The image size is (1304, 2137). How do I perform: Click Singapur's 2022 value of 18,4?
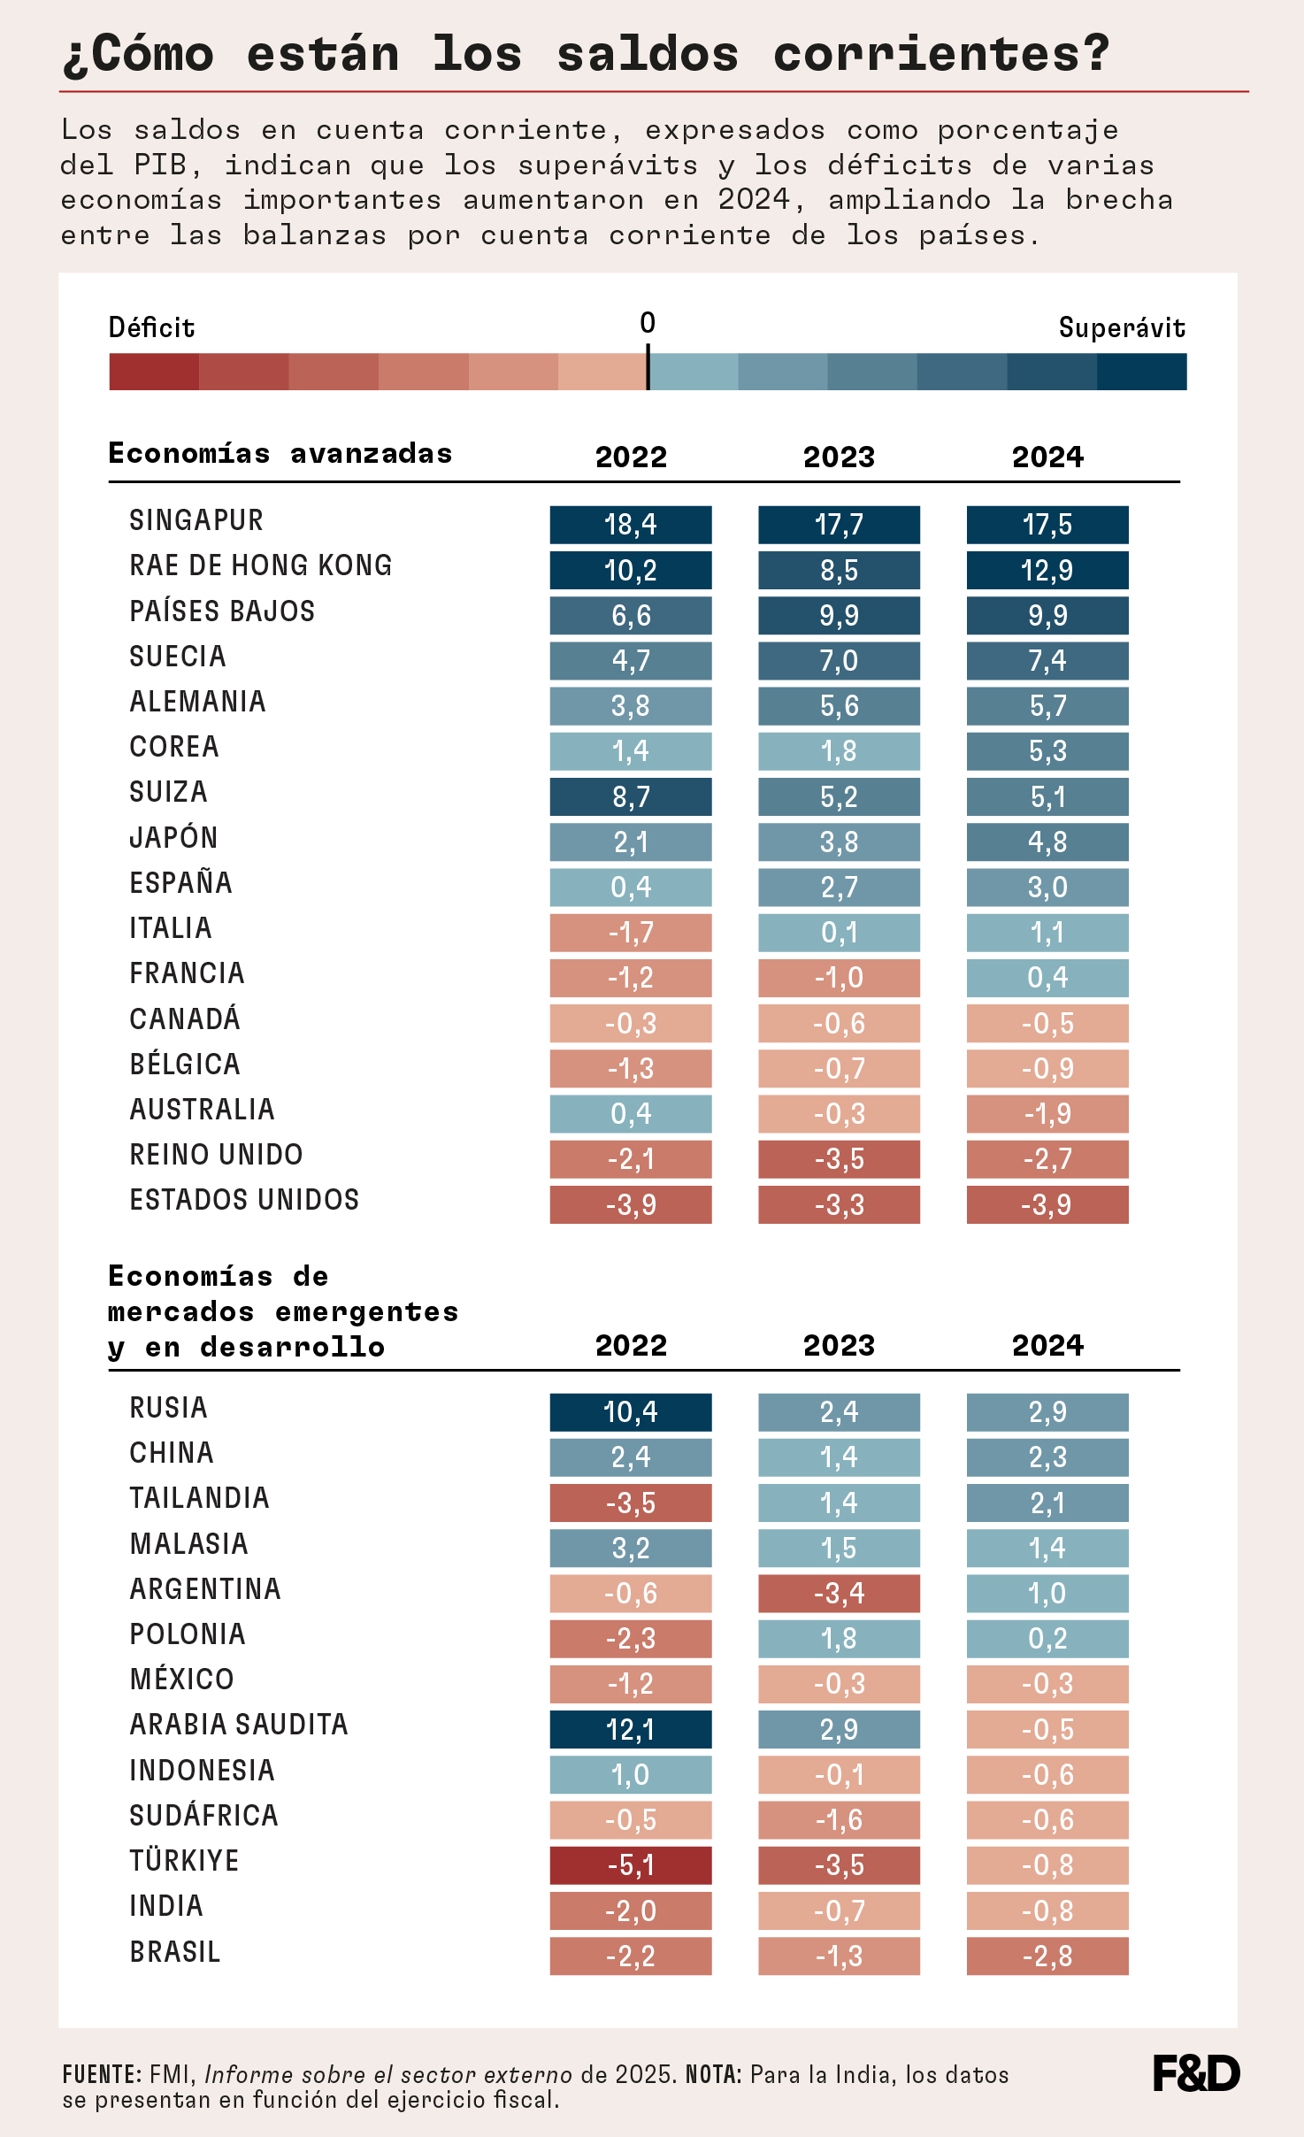point(630,525)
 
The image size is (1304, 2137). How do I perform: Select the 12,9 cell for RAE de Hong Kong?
point(1047,570)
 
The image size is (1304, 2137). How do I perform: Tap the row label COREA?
point(174,747)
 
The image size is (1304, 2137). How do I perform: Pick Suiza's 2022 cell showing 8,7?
point(630,796)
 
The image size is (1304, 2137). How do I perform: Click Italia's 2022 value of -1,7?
point(630,933)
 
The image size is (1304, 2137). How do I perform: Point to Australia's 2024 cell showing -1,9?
point(1047,1113)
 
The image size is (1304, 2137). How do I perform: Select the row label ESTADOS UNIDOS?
point(244,1200)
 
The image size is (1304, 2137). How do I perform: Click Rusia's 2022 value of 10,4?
point(630,1412)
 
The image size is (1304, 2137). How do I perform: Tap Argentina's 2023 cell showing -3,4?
point(839,1593)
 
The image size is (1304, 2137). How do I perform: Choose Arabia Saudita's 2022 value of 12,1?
point(630,1729)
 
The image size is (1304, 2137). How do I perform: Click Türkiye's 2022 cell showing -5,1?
point(630,1865)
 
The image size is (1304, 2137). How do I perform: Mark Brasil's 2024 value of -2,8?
point(1047,1956)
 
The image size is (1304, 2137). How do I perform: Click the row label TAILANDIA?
point(199,1498)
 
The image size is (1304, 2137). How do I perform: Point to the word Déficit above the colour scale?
point(151,328)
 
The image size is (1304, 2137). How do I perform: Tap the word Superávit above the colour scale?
point(1122,328)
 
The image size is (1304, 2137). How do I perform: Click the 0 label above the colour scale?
point(648,323)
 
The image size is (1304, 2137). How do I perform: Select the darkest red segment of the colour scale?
point(154,372)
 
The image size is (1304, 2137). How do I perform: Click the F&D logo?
point(1196,2073)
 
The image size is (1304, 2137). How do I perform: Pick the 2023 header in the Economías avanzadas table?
point(839,457)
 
